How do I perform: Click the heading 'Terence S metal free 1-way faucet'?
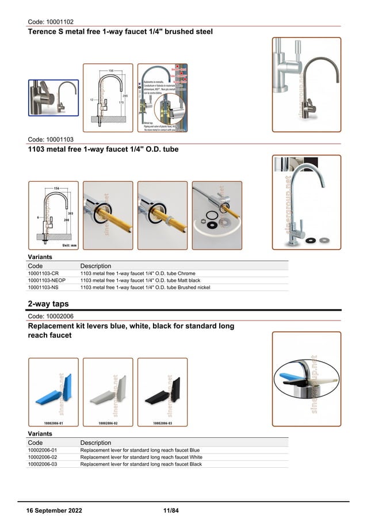[120, 32]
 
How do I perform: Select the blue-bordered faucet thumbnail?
[53, 97]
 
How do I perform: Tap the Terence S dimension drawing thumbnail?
[108, 97]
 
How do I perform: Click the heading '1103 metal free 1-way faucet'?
[103, 150]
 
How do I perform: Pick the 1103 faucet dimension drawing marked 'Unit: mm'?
[53, 215]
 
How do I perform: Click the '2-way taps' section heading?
[48, 304]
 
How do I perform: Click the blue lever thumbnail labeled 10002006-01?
[53, 392]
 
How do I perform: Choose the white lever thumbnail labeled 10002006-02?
[108, 392]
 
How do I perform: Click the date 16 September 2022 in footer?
[55, 511]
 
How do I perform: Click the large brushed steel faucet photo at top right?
[306, 85]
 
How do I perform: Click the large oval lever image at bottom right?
[306, 378]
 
